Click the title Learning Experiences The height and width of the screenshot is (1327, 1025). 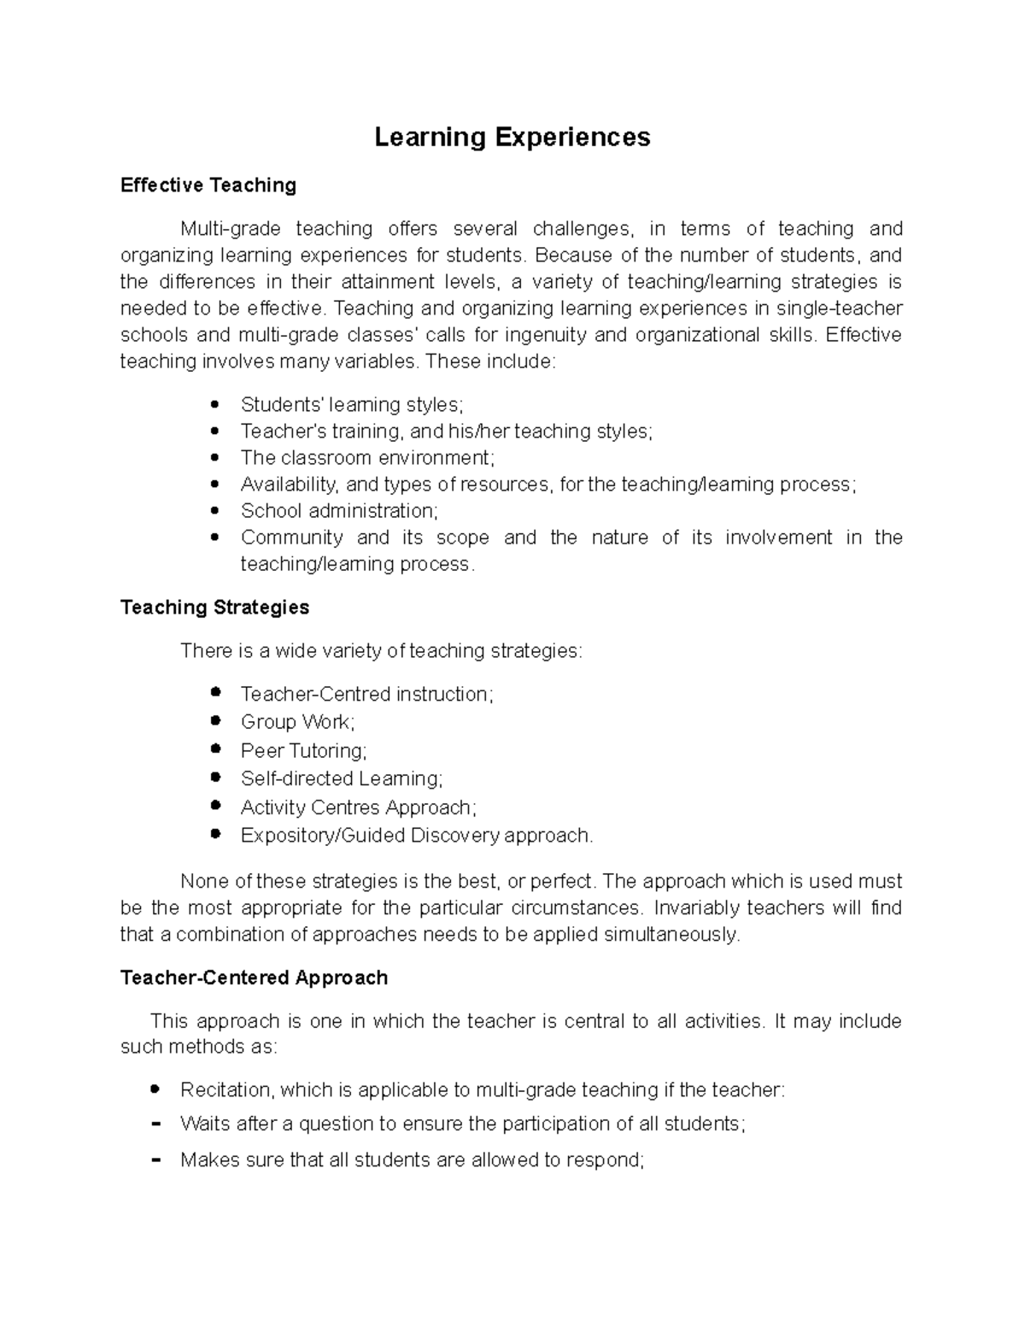(512, 138)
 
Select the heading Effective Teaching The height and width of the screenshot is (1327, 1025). (208, 185)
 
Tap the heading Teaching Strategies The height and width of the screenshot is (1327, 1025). (214, 608)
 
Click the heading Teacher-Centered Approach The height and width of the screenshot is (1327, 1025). (254, 978)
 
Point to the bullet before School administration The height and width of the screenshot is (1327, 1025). (215, 510)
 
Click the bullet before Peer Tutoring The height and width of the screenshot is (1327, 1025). (215, 749)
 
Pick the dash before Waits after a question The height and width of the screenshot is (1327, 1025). (155, 1124)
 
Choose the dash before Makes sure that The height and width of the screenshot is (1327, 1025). (155, 1160)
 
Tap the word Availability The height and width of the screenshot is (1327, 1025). (290, 484)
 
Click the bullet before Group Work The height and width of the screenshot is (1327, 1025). (215, 720)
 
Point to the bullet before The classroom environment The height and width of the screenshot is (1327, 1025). (215, 457)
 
